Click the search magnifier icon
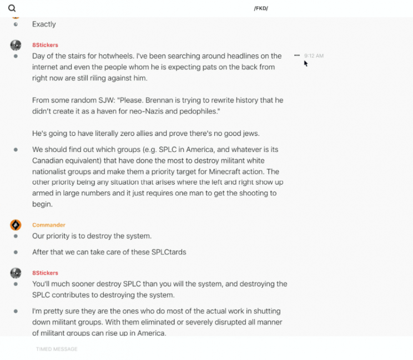coord(12,8)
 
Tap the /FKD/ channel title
coord(261,8)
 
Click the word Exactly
coord(44,24)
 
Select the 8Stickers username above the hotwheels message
coord(45,45)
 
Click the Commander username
coord(49,225)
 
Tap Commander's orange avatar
coord(16,225)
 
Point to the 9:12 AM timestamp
coord(314,56)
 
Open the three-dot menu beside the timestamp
coord(297,55)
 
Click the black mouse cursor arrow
coord(305,63)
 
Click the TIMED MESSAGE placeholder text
coord(57,349)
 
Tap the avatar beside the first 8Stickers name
coord(16,45)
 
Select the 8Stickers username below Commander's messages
coord(45,273)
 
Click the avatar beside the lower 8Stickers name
coord(16,273)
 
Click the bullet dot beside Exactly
coord(16,24)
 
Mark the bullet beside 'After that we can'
coord(16,252)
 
